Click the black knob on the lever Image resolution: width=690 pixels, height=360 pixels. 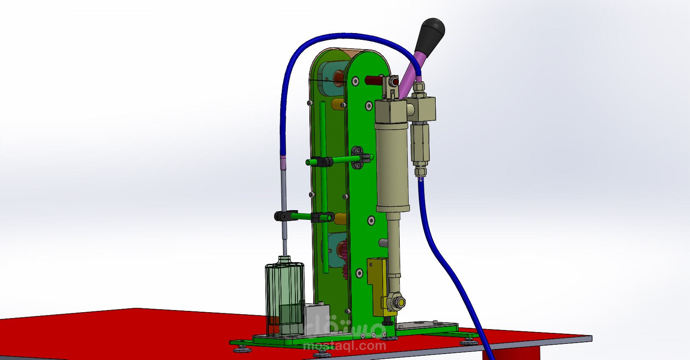[431, 33]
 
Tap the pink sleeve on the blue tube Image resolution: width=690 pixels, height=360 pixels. [282, 163]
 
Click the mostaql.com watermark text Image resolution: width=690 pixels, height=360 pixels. [345, 346]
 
